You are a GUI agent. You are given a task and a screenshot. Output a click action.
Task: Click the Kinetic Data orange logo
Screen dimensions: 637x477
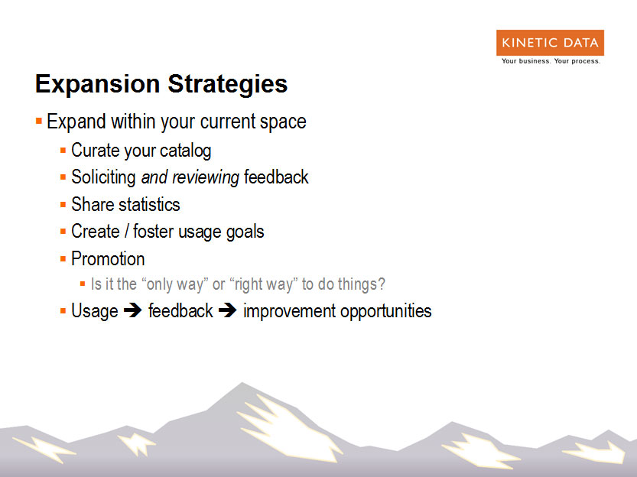[x=550, y=43]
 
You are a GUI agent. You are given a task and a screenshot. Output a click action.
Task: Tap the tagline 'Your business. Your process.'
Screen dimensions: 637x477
[x=551, y=61]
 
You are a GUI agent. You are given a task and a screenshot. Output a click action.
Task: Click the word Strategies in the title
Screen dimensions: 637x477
[x=228, y=84]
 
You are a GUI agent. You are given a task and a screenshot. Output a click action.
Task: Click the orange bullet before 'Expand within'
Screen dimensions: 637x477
[x=39, y=121]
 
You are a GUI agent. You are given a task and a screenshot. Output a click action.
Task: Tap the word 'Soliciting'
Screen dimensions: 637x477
[x=103, y=177]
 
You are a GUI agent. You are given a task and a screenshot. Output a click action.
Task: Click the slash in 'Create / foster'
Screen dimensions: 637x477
[x=126, y=232]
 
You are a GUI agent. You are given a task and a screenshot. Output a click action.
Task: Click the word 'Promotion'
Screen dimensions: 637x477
[x=108, y=258]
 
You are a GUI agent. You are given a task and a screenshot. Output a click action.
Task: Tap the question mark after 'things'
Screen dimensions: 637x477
[x=382, y=284]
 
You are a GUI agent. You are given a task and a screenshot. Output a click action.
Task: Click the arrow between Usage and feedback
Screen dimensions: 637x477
[x=133, y=310]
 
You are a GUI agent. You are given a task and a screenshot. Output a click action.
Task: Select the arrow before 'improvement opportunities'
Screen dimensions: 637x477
[x=228, y=310]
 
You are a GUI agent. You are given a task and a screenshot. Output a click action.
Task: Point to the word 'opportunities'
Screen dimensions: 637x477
[x=386, y=311]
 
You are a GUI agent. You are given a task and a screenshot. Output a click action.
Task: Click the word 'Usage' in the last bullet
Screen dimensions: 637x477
[x=95, y=311]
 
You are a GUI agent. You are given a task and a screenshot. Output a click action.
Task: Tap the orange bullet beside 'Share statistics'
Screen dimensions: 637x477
[x=63, y=205]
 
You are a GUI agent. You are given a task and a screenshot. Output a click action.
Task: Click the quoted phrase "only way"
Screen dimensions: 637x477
[x=174, y=284]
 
